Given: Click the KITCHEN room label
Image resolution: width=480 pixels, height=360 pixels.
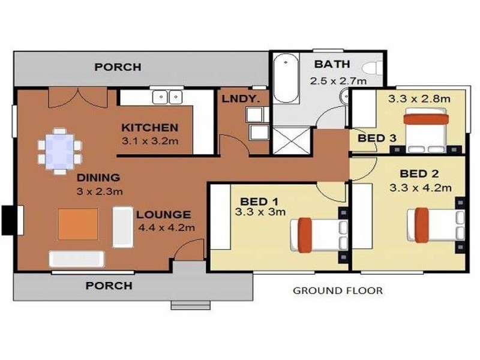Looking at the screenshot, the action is coord(149,127).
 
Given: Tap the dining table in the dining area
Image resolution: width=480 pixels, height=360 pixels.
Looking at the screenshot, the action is coord(60,151).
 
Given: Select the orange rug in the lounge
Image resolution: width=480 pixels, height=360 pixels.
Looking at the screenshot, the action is coord(78,224).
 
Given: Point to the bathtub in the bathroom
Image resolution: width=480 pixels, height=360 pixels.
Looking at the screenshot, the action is coord(286,79).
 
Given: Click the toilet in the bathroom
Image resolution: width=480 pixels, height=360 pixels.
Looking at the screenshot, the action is coord(373,67).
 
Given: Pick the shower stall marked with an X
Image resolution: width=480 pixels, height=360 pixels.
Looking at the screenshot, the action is coord(292,140).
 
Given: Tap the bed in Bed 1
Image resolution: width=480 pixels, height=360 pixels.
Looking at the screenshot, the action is coord(319,235).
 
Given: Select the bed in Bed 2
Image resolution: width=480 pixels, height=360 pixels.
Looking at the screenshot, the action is coord(436,225).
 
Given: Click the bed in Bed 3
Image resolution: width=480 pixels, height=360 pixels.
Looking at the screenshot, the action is coord(426,130).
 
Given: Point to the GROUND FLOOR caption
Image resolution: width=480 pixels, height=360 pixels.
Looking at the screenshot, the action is coord(338,290).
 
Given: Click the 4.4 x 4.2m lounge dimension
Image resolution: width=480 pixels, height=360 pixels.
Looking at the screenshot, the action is coord(167,227).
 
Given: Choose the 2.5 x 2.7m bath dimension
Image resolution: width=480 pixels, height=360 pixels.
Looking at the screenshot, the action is coord(338,81).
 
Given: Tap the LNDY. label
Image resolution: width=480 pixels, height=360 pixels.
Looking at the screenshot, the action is coord(241,99).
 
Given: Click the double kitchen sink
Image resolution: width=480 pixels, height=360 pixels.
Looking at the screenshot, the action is coord(167,97).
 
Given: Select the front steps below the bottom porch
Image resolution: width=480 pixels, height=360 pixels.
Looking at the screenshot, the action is coord(190,305).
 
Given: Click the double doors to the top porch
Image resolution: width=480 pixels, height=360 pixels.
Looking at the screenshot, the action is coord(78,98).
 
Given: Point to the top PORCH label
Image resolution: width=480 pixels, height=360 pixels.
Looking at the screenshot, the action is coord(118,67).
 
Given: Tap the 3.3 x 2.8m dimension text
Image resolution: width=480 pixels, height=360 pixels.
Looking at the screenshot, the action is coord(419,98).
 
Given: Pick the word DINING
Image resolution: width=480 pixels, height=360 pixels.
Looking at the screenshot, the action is coord(98,178).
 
